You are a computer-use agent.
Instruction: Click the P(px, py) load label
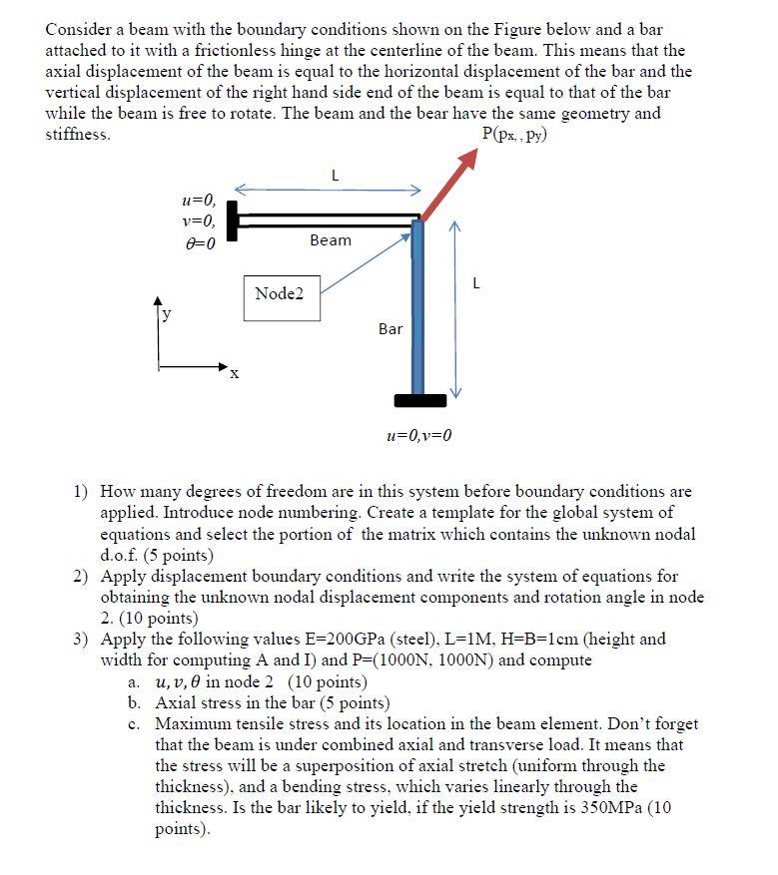[x=513, y=134]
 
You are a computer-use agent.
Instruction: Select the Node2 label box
[x=281, y=296]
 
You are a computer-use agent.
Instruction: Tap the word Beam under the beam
[x=330, y=240]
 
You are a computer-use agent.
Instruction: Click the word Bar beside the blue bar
[x=390, y=328]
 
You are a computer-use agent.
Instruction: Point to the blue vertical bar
[x=417, y=309]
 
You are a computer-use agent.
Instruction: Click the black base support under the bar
[x=419, y=401]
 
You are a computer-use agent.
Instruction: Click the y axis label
[x=167, y=312]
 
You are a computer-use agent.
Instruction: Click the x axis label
[x=234, y=376]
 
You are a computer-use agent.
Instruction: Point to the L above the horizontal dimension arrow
[x=334, y=177]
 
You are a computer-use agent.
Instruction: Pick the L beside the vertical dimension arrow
[x=475, y=282]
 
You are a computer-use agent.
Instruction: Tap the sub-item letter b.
[x=135, y=702]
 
